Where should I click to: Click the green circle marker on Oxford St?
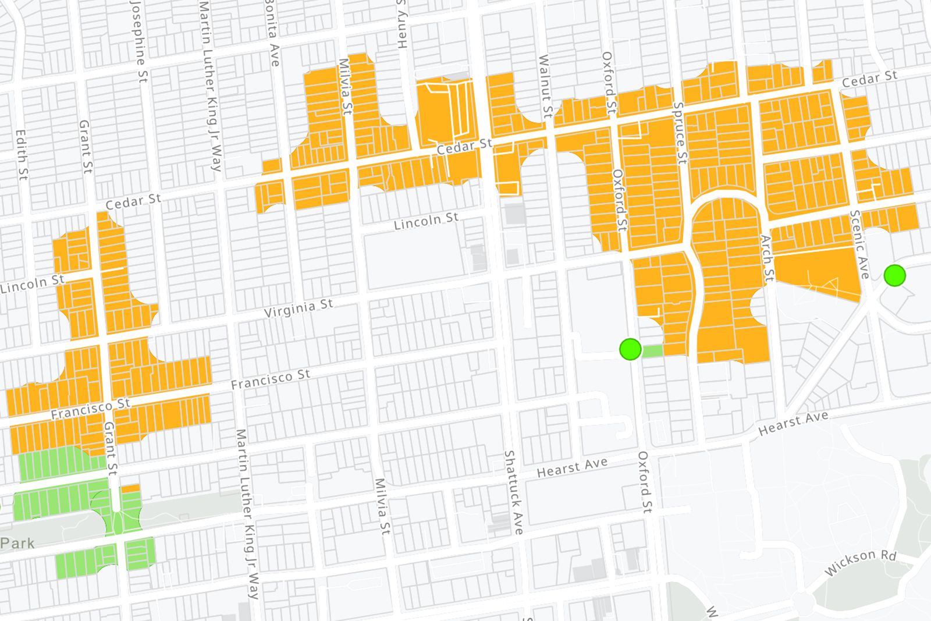pos(630,349)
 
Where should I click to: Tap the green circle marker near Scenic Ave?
pos(894,275)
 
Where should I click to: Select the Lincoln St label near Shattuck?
pos(426,221)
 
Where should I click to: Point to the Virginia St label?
pos(299,308)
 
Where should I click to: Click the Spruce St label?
pos(680,133)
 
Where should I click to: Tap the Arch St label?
pos(767,258)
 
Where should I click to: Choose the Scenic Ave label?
pos(859,244)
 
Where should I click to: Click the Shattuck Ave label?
pos(513,492)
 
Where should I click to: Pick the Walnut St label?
pos(545,86)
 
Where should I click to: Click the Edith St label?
pos(22,154)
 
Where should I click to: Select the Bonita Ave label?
pos(272,32)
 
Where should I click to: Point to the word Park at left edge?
pos(17,543)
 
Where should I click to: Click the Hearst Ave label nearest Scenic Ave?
pos(793,423)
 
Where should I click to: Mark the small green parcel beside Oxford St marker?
pos(652,350)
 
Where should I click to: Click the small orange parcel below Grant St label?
pos(130,488)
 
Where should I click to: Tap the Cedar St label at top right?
pos(869,79)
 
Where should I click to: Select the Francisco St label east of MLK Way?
pos(271,379)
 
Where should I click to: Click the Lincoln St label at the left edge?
pos(32,283)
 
